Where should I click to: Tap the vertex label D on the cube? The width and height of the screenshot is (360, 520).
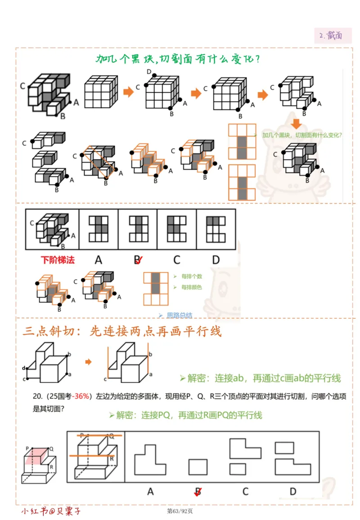148,72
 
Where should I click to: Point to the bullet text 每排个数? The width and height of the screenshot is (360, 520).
192,276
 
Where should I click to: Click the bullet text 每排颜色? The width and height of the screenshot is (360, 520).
192,287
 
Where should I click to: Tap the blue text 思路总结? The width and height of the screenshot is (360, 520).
179,315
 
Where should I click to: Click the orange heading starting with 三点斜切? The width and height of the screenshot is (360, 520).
122,332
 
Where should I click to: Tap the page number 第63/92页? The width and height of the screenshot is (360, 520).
180,511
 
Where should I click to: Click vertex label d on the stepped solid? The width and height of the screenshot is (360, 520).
23,368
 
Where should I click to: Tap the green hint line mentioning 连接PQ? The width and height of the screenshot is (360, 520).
189,415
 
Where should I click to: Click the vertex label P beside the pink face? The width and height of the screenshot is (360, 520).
27,448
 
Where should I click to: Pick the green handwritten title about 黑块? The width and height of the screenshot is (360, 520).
178,59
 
